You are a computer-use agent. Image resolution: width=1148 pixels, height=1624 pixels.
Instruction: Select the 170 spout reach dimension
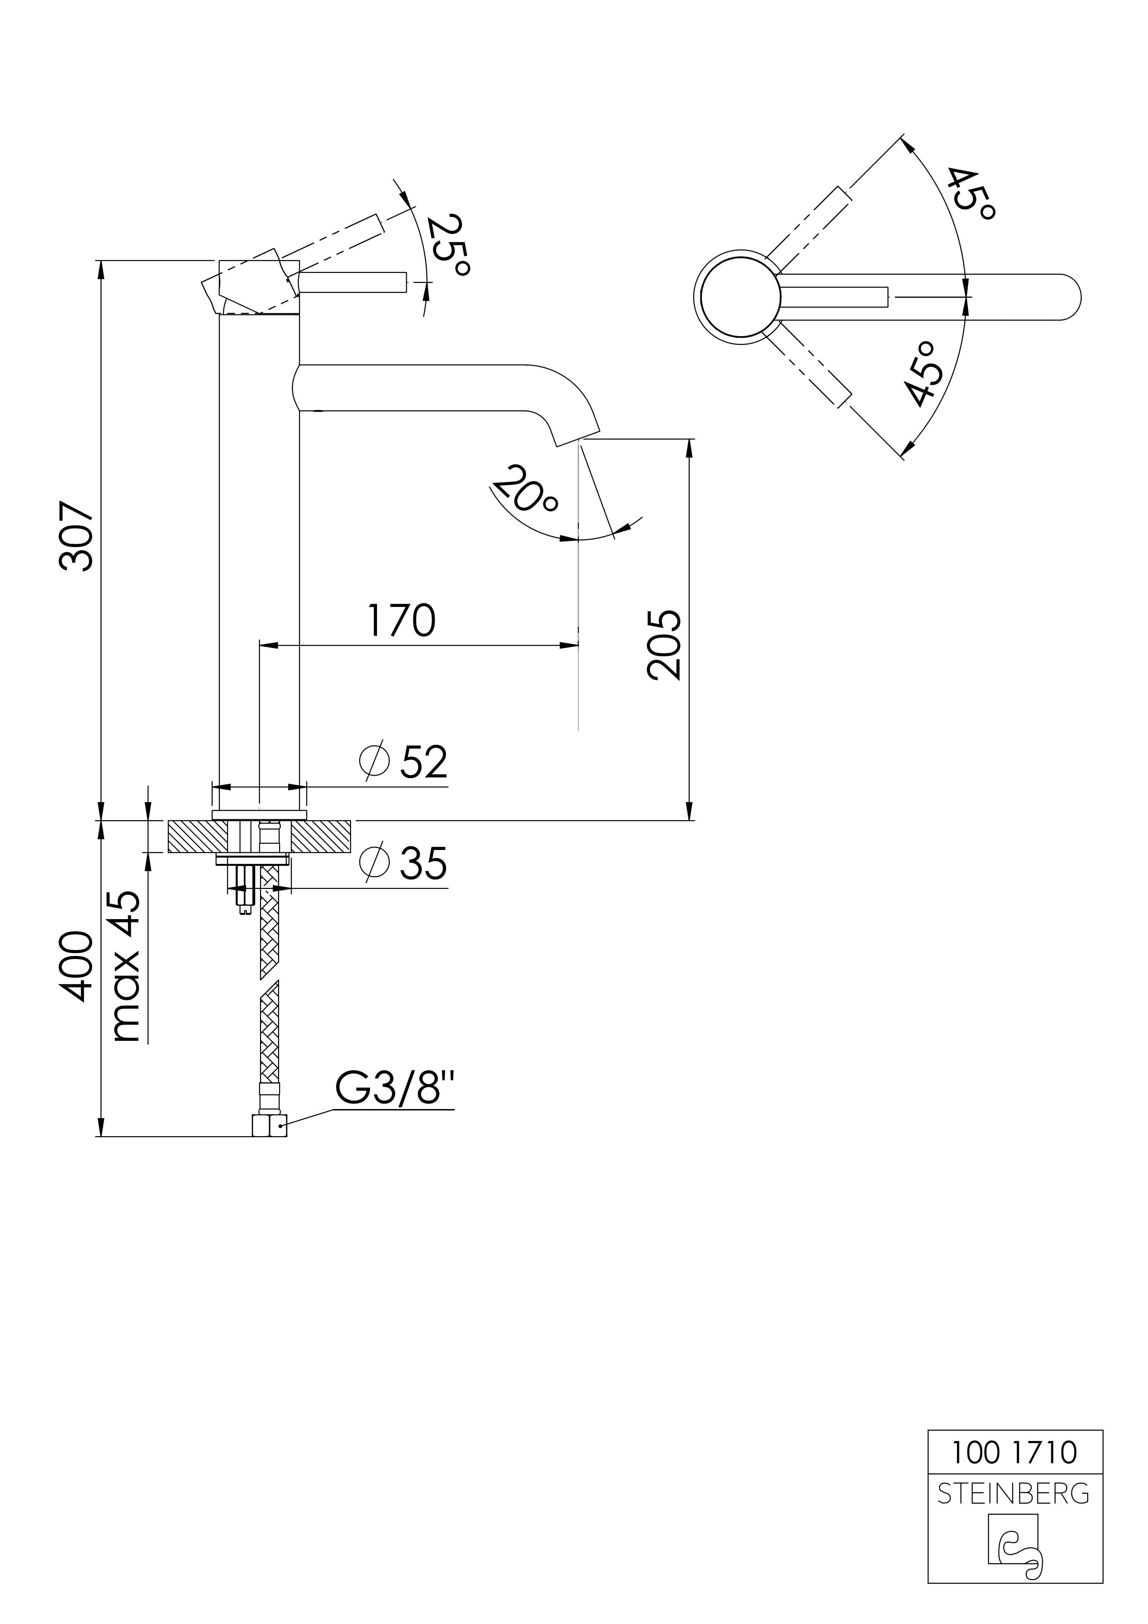401,620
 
